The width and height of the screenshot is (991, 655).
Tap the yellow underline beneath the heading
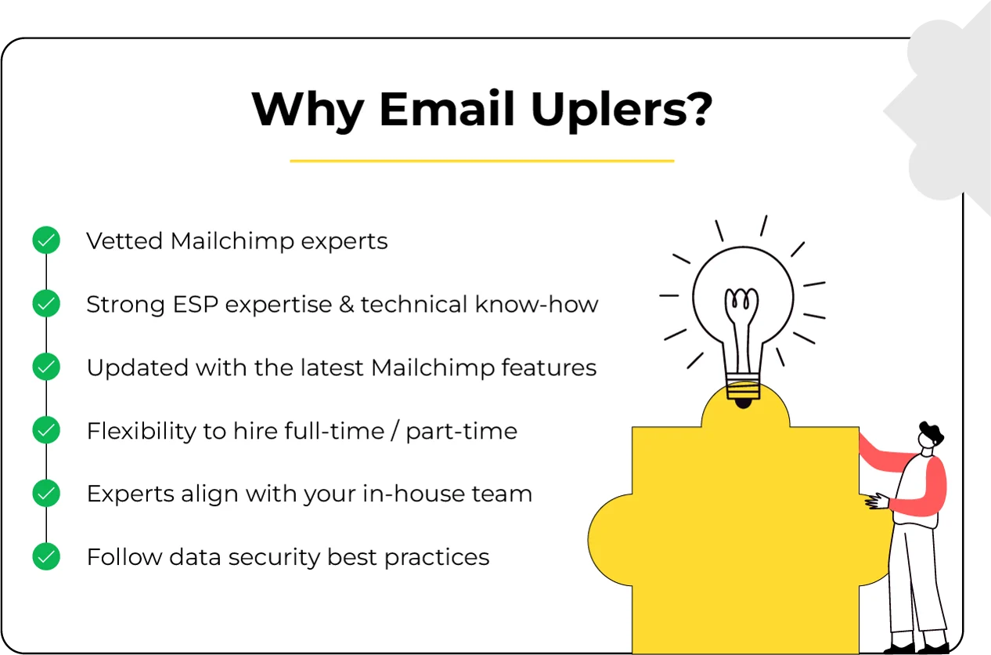click(481, 161)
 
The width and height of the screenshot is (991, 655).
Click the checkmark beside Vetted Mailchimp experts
click(46, 241)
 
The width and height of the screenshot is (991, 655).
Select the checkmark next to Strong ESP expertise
click(46, 304)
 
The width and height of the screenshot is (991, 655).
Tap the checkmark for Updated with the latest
click(46, 367)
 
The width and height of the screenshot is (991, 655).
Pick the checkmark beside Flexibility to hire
click(46, 430)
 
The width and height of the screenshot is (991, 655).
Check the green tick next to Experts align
click(46, 494)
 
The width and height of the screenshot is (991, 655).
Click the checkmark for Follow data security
click(46, 557)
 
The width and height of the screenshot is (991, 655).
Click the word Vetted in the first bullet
click(125, 241)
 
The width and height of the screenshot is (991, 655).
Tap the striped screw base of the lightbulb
click(743, 386)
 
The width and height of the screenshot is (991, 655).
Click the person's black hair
click(931, 430)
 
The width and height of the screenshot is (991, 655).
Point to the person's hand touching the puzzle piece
click(875, 500)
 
